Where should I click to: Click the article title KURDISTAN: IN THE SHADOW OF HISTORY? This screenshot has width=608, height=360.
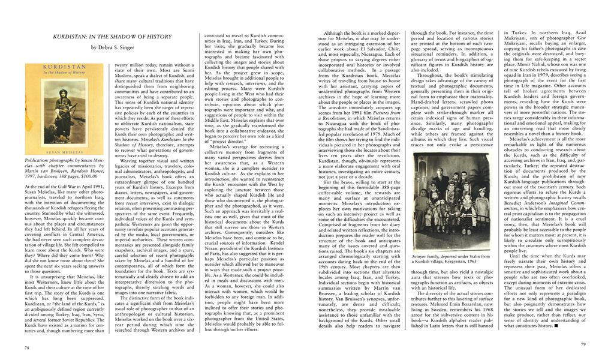[x=112, y=37]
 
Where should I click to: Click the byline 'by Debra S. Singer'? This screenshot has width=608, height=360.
[x=112, y=47]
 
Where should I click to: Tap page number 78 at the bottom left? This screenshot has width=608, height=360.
[x=27, y=347]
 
